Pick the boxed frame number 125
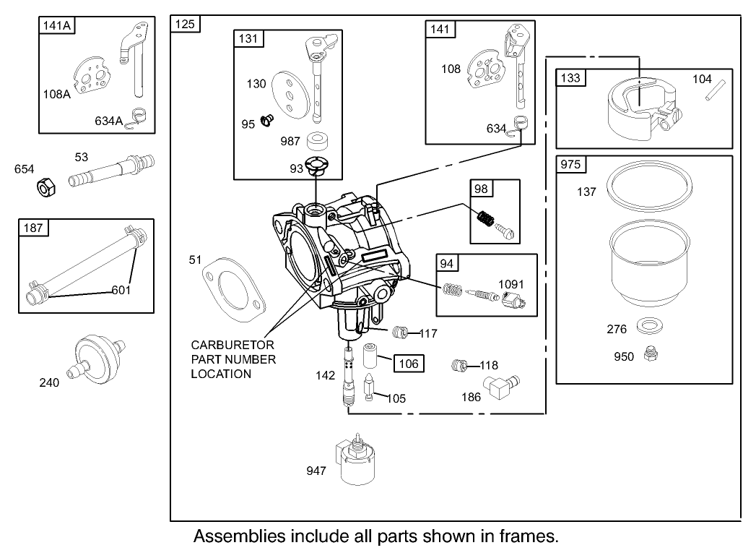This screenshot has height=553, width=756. (x=186, y=24)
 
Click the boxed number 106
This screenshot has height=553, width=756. (x=409, y=364)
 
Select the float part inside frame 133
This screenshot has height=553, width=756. (x=640, y=108)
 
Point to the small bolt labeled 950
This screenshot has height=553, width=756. (x=648, y=354)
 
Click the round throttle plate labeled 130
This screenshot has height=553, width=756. (x=287, y=95)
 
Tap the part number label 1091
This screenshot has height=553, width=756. (x=511, y=285)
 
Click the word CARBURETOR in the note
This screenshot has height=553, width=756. (x=233, y=345)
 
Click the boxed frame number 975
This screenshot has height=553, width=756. (x=570, y=165)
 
